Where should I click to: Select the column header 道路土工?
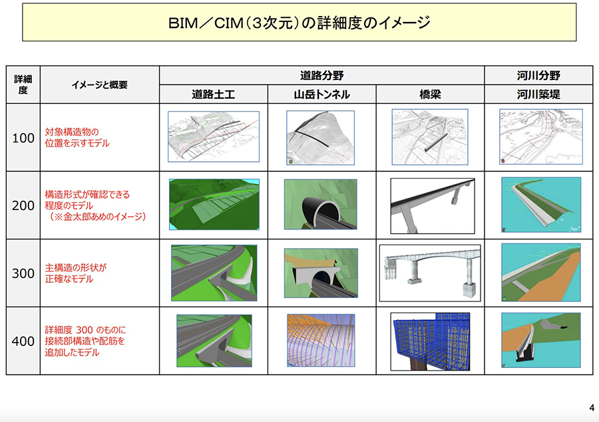[x=214, y=95]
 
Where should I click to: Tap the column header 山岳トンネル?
[x=321, y=95]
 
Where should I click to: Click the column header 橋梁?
[x=431, y=95]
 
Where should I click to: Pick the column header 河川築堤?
[x=538, y=95]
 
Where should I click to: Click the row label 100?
[x=23, y=138]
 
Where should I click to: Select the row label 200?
[x=23, y=206]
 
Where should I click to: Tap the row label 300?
[x=23, y=273]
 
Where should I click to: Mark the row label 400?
[x=23, y=341]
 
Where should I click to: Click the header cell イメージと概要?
[x=100, y=85]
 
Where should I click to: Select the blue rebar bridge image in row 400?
[x=430, y=341]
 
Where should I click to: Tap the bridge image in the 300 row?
[x=429, y=273]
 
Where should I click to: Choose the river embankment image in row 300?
[x=540, y=273]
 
